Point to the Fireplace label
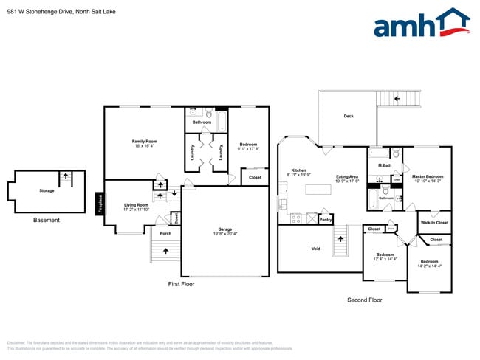click(100, 202)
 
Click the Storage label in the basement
click(47, 190)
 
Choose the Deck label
click(348, 117)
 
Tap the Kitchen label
click(298, 172)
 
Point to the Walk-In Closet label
click(434, 222)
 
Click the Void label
click(315, 249)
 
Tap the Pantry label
click(325, 219)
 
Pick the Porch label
click(165, 234)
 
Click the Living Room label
click(136, 207)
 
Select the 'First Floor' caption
click(182, 283)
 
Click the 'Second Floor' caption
click(365, 300)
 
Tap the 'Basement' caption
click(47, 220)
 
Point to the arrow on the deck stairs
click(397, 98)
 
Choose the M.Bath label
click(384, 165)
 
